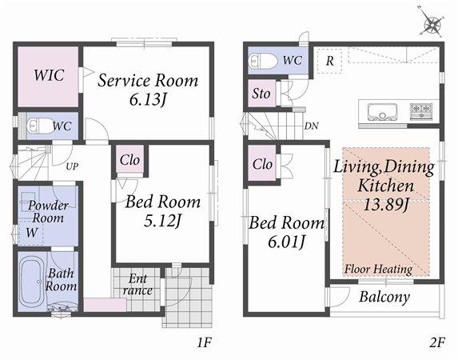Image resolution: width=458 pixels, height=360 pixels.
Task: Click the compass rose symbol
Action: pos(432,25)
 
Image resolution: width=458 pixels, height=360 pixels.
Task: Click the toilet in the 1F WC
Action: pos(37,126)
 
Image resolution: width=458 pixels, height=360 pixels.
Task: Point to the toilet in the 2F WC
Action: pos(263,61)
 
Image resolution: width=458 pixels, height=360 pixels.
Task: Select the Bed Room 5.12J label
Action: pos(162,210)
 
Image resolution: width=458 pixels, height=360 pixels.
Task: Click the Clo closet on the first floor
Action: pos(129,160)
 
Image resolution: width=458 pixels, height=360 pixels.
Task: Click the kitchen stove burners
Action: pos(421,110)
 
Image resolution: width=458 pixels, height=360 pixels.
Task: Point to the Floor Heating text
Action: pos(378,270)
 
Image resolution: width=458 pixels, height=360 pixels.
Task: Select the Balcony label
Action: pos(384,297)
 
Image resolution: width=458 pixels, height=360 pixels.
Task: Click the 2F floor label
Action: pos(436,343)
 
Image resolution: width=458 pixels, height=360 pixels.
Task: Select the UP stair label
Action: pos(72,166)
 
